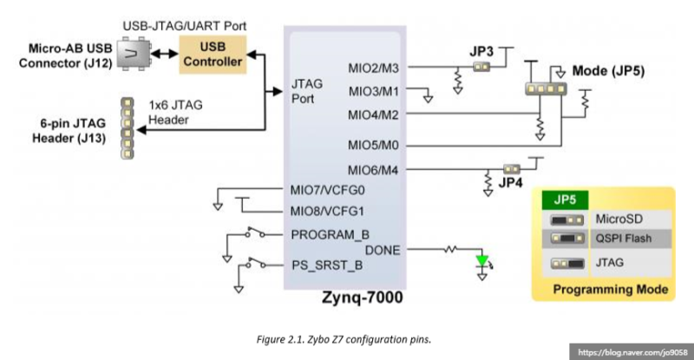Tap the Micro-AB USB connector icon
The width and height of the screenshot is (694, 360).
click(133, 55)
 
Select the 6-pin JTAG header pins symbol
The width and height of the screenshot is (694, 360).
click(127, 128)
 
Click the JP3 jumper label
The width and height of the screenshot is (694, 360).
click(481, 52)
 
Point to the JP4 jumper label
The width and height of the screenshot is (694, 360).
click(508, 184)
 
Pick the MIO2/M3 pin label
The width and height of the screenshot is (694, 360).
click(374, 68)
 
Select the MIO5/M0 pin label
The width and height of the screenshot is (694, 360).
click(374, 145)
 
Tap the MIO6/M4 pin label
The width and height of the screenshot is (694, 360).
click(374, 169)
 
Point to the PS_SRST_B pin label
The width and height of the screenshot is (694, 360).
click(327, 265)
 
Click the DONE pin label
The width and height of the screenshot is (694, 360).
click(383, 250)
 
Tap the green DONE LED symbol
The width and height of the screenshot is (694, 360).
click(482, 259)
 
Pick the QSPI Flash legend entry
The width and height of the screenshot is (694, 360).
click(623, 238)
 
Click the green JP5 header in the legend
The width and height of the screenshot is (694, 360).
click(564, 199)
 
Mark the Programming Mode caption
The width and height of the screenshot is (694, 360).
click(611, 289)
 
